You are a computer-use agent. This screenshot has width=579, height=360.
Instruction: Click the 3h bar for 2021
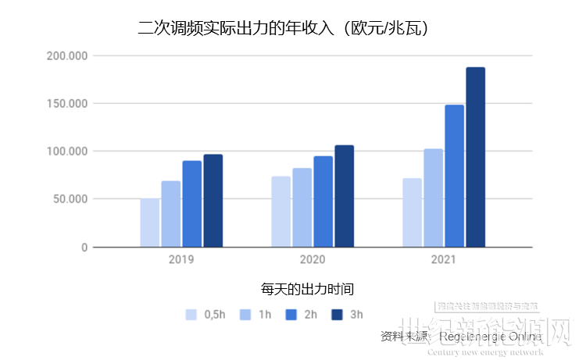(475, 157)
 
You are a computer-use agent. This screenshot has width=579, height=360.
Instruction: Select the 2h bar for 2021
(454, 176)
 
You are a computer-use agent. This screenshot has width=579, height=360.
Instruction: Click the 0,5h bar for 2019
(149, 223)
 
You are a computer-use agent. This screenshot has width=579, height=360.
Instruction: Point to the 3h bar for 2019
(213, 201)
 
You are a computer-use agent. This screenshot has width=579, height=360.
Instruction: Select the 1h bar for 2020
(302, 208)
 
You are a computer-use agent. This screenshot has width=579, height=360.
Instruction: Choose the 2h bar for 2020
(323, 201)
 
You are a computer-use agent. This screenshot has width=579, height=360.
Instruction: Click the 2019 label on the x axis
(181, 259)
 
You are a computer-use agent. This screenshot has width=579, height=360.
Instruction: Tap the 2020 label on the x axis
(313, 259)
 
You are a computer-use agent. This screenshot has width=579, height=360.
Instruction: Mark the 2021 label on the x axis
(443, 259)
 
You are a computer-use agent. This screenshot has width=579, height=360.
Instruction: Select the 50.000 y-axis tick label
(69, 199)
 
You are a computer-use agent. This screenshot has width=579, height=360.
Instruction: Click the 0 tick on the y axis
(84, 248)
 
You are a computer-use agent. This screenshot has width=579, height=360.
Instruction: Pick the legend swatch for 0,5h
(191, 315)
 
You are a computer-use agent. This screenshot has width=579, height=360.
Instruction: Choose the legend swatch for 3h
(338, 315)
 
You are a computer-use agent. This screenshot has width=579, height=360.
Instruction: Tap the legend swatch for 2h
(291, 315)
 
